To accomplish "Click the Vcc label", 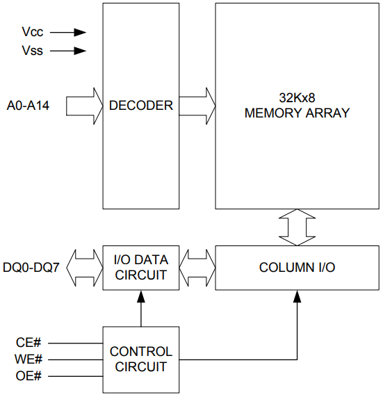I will pyautogui.click(x=32, y=32).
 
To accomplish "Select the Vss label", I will pyautogui.click(x=32, y=51).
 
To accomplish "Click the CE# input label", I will pyautogui.click(x=29, y=342).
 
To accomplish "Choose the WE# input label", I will pyautogui.click(x=29, y=359).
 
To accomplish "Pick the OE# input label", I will pyautogui.click(x=29, y=378).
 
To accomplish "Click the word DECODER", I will pyautogui.click(x=140, y=106).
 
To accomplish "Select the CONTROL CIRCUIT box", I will pyautogui.click(x=140, y=359).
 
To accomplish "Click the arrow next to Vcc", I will pyautogui.click(x=69, y=32).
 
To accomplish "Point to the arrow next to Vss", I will pyautogui.click(x=69, y=51).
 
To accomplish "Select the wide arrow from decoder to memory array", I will pyautogui.click(x=197, y=106).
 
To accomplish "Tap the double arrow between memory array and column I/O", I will pyautogui.click(x=297, y=227).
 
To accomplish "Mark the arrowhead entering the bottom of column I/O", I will pyautogui.click(x=297, y=296).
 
